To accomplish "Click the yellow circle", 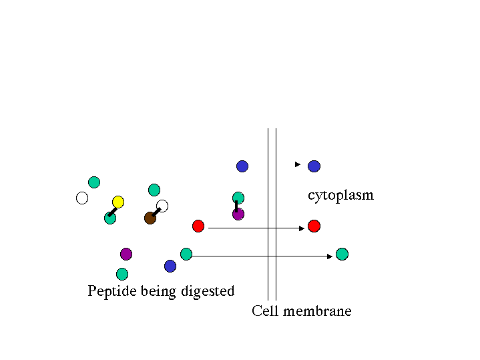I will pyautogui.click(x=118, y=202).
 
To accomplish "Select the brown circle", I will pyautogui.click(x=150, y=218).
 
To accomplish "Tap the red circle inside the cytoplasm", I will pyautogui.click(x=314, y=226).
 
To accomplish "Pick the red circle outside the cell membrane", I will pyautogui.click(x=198, y=226).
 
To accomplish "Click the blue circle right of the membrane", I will pyautogui.click(x=314, y=166).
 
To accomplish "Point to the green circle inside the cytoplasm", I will pyautogui.click(x=342, y=254).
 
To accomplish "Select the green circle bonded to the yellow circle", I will pyautogui.click(x=110, y=218).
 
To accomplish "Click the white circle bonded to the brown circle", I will pyautogui.click(x=162, y=206).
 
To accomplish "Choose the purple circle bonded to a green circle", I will pyautogui.click(x=238, y=214).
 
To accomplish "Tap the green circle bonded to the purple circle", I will pyautogui.click(x=238, y=198).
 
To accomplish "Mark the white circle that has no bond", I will pyautogui.click(x=82, y=198).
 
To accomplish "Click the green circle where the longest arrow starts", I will pyautogui.click(x=186, y=254).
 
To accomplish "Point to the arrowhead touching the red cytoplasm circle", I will pyautogui.click(x=302, y=228).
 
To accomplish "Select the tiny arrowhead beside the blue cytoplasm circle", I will pyautogui.click(x=298, y=164).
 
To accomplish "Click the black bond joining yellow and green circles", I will pyautogui.click(x=113, y=211).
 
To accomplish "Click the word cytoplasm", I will pyautogui.click(x=340, y=196).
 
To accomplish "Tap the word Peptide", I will pyautogui.click(x=112, y=291).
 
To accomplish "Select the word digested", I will pyautogui.click(x=209, y=291).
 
